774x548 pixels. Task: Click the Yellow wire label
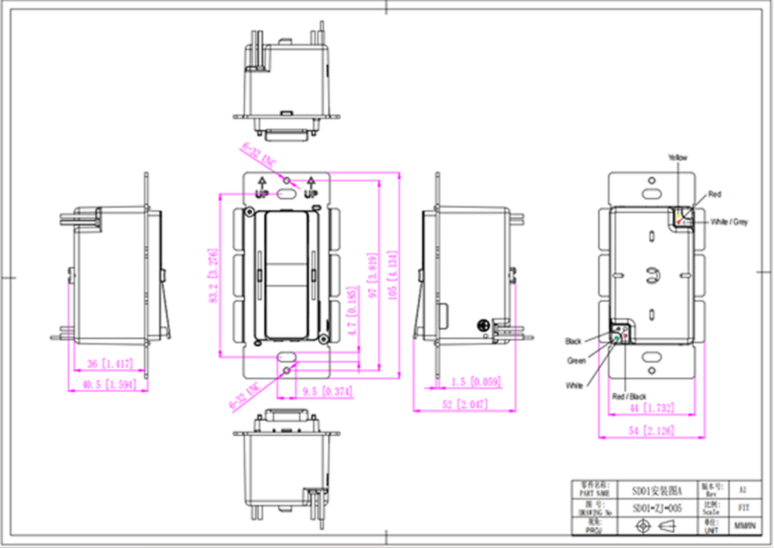pos(677,157)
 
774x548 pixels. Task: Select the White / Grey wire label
pos(729,222)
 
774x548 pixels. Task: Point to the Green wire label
pos(576,361)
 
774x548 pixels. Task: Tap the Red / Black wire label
pos(629,396)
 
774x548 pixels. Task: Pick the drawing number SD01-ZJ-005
pos(657,508)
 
